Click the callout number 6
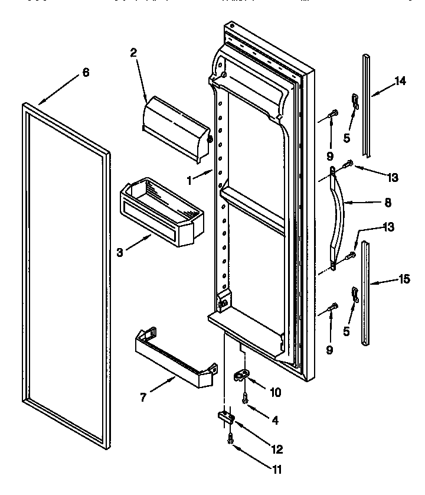point(86,72)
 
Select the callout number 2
point(133,53)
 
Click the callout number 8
point(387,201)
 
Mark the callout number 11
point(276,470)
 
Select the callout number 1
point(189,181)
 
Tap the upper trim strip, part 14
point(367,106)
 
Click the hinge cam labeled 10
point(243,375)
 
